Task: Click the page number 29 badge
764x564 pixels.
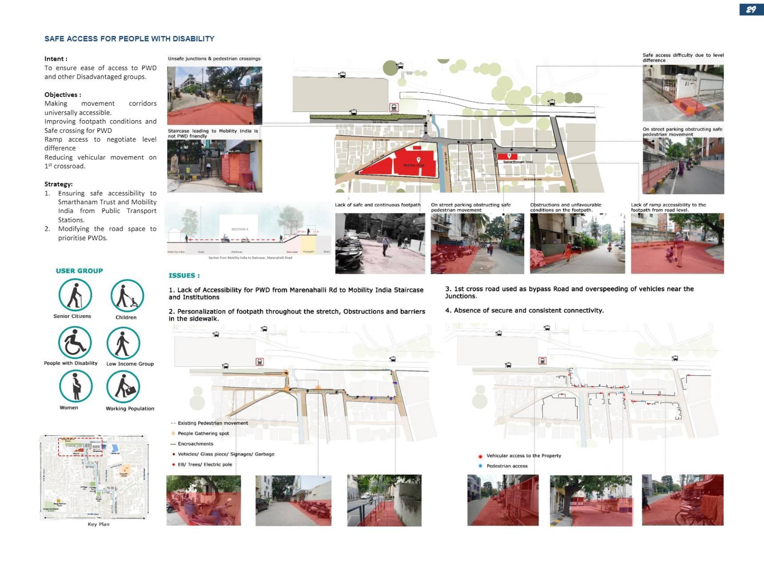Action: [x=751, y=10]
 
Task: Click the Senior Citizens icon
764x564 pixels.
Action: [x=75, y=295]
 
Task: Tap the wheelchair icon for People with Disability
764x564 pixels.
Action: [x=75, y=342]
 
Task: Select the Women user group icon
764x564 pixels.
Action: [x=76, y=386]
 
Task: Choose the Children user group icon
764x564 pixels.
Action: [x=127, y=296]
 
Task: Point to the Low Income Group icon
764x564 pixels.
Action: [x=123, y=343]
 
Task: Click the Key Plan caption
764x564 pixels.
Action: [x=99, y=524]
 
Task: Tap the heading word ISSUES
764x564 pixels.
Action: [x=184, y=276]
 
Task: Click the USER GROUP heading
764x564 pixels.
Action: [x=79, y=271]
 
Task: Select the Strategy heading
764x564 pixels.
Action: [x=58, y=184]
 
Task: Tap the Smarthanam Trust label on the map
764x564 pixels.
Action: [x=517, y=162]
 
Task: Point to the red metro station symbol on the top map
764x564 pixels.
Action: [x=394, y=107]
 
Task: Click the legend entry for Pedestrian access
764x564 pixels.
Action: [x=507, y=466]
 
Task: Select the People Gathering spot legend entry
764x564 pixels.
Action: [x=203, y=433]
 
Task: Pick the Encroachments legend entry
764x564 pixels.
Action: [x=195, y=444]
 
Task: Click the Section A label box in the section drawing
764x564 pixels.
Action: [x=239, y=229]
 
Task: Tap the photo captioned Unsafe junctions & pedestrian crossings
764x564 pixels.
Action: [x=215, y=95]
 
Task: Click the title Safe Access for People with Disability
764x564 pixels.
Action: [x=129, y=39]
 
